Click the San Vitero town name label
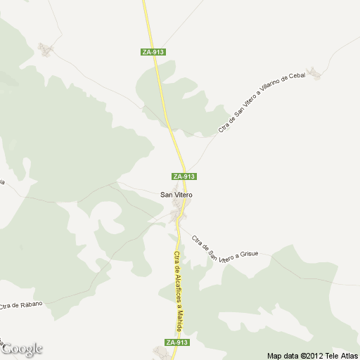(176, 194)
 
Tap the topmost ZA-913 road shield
(153, 51)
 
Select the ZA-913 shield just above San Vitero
(184, 176)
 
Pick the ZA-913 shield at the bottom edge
(177, 342)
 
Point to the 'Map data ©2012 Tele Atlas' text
(312, 355)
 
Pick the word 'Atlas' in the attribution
(349, 355)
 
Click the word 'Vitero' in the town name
(184, 194)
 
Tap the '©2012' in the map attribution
(311, 355)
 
